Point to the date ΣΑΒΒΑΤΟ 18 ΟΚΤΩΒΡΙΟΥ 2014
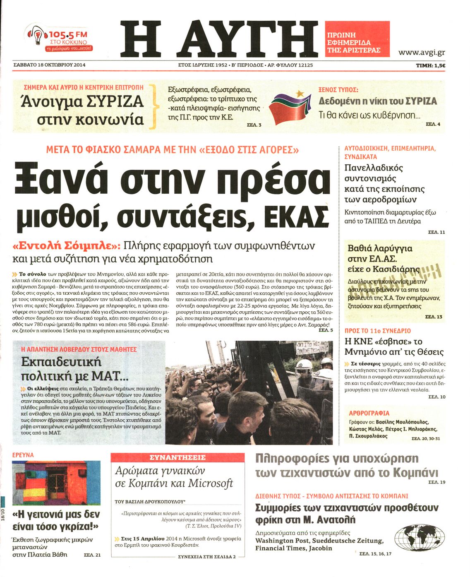[x=49, y=65]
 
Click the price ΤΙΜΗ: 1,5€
[x=430, y=65]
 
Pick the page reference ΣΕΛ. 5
[x=326, y=330]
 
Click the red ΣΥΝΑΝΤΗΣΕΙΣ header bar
[x=177, y=457]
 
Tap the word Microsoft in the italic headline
[x=211, y=483]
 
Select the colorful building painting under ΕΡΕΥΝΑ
[x=56, y=482]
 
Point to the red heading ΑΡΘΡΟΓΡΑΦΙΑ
[x=369, y=413]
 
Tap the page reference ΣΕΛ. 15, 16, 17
[x=375, y=553]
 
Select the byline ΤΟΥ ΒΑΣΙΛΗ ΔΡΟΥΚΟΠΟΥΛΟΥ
[x=150, y=501]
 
